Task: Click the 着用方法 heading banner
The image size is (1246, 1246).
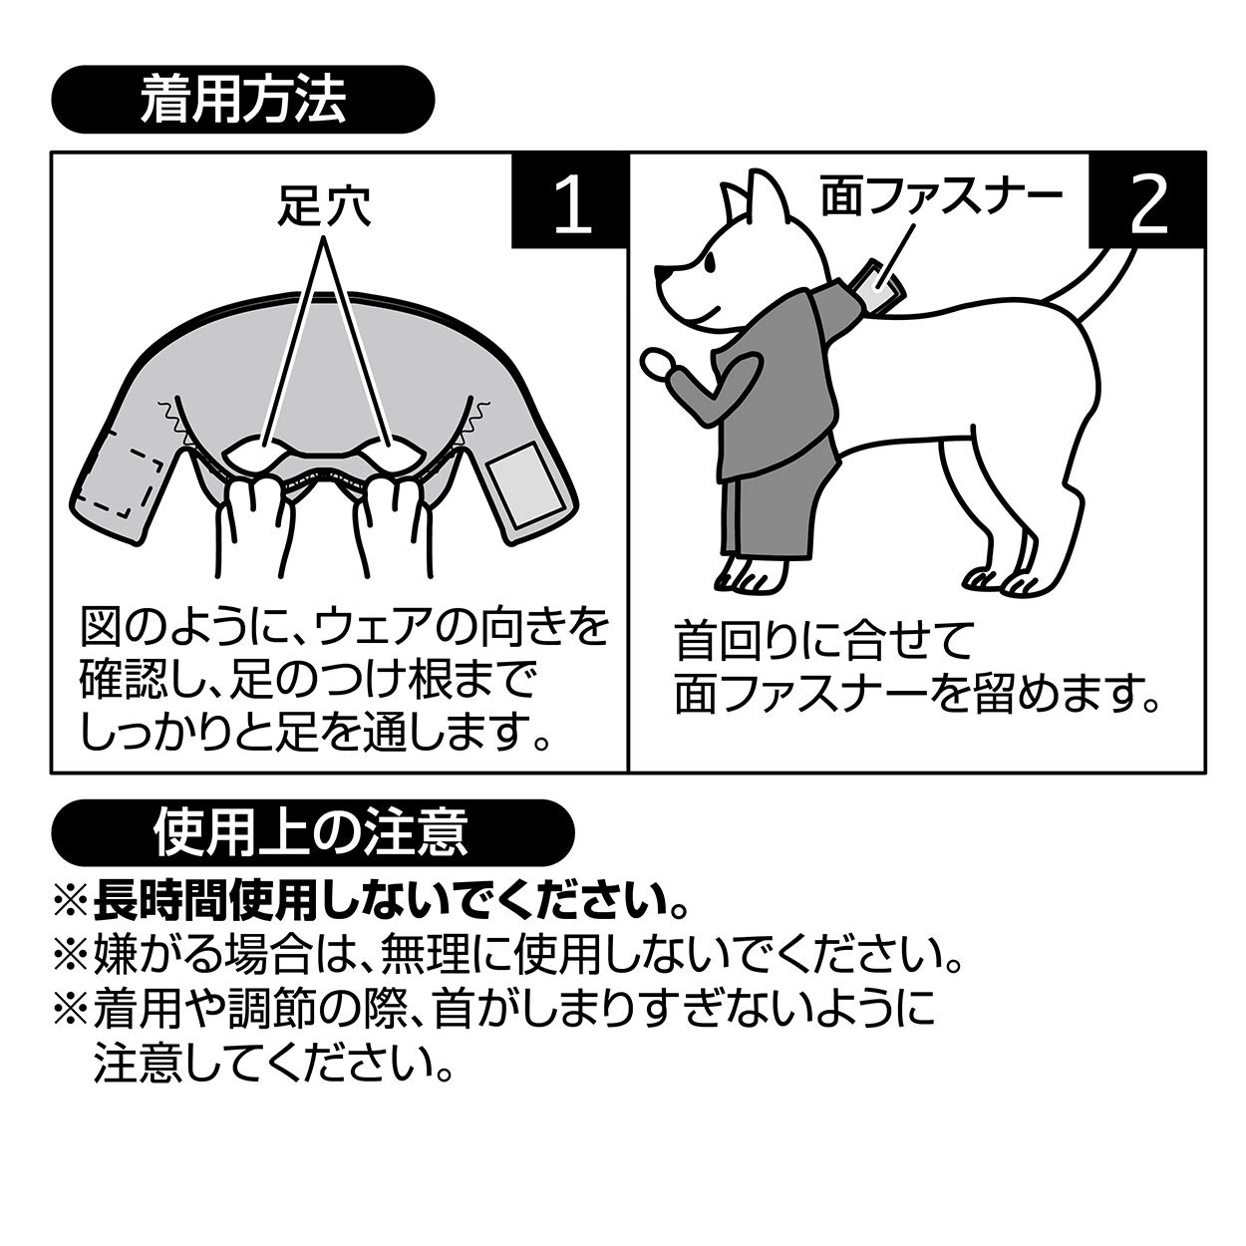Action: (x=242, y=100)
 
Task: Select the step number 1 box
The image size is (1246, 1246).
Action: (x=569, y=200)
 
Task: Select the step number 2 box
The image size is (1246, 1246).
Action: (x=1147, y=200)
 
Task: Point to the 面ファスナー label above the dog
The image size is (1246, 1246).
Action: (x=941, y=196)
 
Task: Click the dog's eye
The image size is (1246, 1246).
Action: (x=709, y=263)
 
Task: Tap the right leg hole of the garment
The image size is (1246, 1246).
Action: (x=395, y=456)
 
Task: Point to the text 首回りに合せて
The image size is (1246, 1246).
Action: (x=823, y=640)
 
